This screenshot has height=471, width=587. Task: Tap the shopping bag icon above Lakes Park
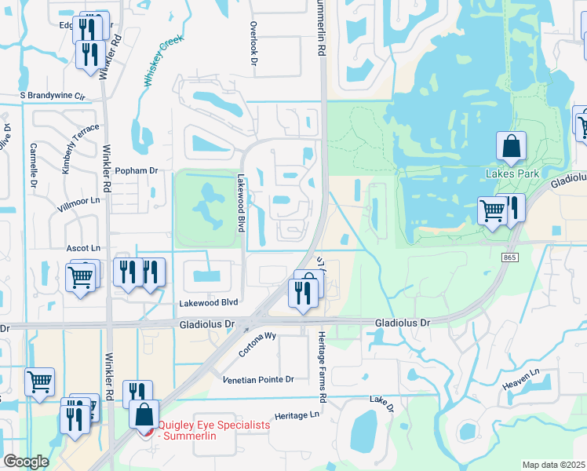pyautogui.click(x=511, y=145)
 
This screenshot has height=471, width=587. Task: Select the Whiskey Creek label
pyautogui.click(x=162, y=60)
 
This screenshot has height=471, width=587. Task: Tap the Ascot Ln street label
pyautogui.click(x=83, y=247)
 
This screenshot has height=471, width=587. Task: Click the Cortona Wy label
pyautogui.click(x=259, y=345)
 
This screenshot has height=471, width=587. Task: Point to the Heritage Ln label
pyautogui.click(x=298, y=414)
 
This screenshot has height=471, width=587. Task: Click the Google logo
pyautogui.click(x=26, y=462)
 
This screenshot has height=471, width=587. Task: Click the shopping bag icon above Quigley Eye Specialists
pyautogui.click(x=144, y=414)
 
